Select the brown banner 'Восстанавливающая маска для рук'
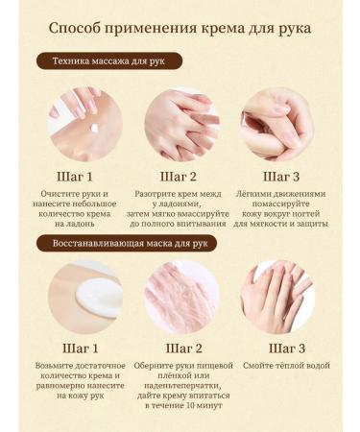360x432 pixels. (x=128, y=243)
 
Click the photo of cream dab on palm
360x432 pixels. (x=85, y=125)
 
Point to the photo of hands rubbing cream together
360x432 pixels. (x=180, y=125)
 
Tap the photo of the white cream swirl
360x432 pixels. (x=85, y=298)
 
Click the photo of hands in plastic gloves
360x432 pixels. (x=180, y=298)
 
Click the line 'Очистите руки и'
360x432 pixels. (x=84, y=197)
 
